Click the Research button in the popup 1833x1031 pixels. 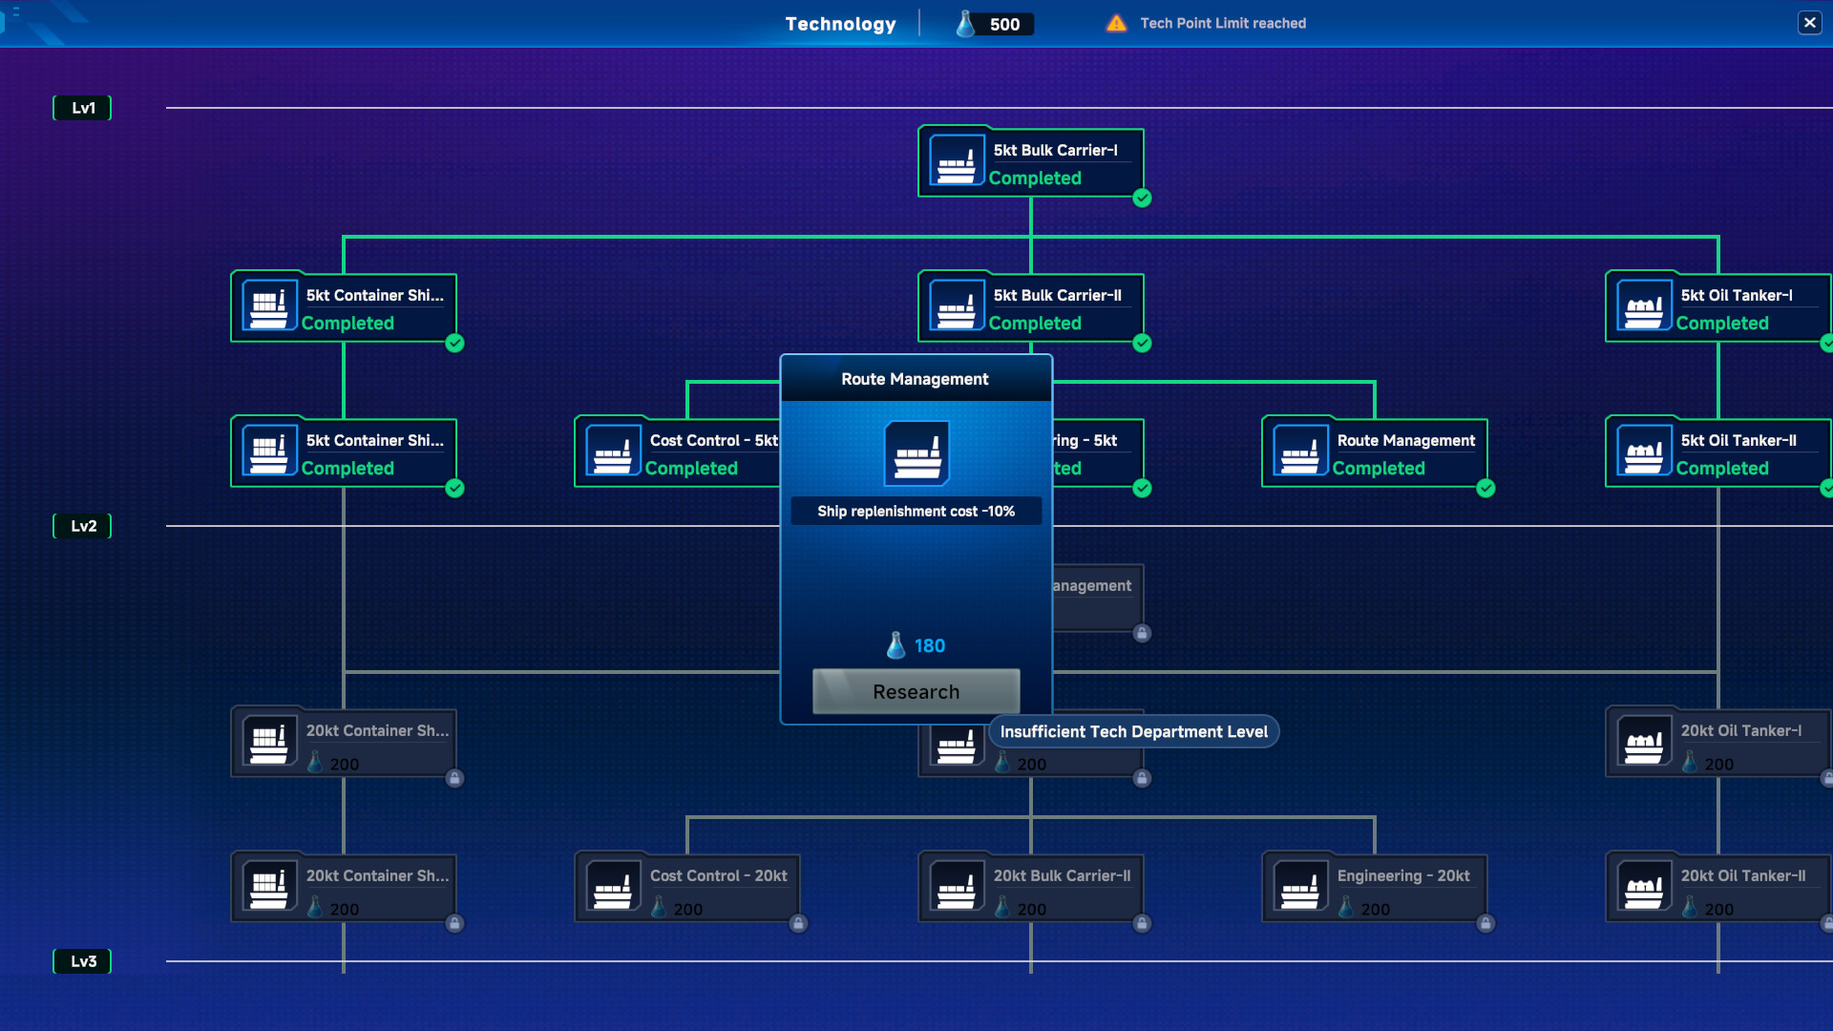(916, 691)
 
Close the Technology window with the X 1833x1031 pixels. (1809, 23)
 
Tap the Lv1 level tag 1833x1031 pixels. (83, 108)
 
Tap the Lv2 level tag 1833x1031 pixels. (83, 526)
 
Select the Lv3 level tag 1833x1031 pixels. (83, 961)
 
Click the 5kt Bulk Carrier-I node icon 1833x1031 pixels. (957, 160)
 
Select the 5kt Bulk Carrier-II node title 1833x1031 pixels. (1057, 296)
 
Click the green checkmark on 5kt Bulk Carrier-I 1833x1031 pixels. (1142, 199)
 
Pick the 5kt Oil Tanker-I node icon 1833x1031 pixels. (1644, 306)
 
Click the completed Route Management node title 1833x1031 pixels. (1405, 441)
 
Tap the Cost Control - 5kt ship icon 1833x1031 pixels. (613, 452)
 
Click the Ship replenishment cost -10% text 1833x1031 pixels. (916, 512)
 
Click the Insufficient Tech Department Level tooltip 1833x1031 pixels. (1133, 732)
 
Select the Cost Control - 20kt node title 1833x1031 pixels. (718, 876)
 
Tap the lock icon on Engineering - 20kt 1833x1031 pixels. (1485, 923)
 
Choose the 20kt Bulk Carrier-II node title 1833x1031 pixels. (1062, 876)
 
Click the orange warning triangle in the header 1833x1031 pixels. (1116, 23)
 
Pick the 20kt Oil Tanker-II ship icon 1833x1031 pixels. (1644, 887)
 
